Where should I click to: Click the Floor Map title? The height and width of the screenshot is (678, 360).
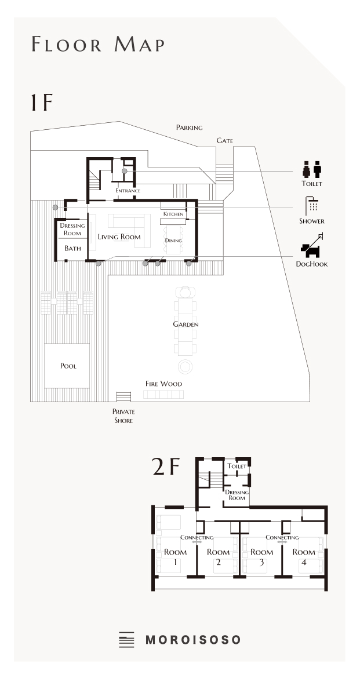pos(98,45)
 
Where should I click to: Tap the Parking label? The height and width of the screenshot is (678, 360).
pos(189,127)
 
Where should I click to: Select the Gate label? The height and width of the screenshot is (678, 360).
pos(224,141)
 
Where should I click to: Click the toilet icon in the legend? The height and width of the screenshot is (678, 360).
pos(312,169)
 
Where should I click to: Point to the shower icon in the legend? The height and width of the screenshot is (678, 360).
pos(311,206)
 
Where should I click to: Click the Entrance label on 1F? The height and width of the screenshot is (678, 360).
pos(128,190)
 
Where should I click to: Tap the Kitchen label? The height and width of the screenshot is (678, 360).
pos(173,214)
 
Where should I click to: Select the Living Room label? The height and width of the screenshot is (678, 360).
pos(119,236)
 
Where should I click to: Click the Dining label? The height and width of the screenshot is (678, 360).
pos(173,240)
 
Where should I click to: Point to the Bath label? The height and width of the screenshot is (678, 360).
pos(72,248)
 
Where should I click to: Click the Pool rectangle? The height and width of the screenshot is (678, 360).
pos(67,366)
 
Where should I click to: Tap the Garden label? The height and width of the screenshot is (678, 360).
pos(186,324)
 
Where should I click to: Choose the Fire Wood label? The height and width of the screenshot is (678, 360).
pos(163,384)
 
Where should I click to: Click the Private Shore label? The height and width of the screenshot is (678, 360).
pos(123,415)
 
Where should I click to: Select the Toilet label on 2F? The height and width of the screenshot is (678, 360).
pos(237,466)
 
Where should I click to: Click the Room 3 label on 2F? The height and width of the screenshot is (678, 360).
pos(262,557)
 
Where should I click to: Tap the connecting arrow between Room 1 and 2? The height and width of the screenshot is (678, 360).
pos(197,542)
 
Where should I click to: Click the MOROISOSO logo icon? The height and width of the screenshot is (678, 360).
pos(126,640)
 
